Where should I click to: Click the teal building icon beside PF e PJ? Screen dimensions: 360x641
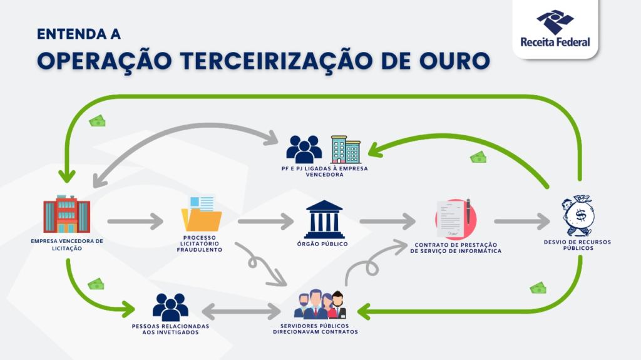pyautogui.click(x=346, y=150)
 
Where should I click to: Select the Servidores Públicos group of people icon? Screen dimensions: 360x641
pyautogui.click(x=320, y=305)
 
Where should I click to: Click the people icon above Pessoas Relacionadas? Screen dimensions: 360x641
pyautogui.click(x=170, y=307)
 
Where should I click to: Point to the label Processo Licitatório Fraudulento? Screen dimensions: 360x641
pyautogui.click(x=200, y=244)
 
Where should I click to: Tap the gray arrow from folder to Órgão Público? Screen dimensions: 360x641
pyautogui.click(x=265, y=221)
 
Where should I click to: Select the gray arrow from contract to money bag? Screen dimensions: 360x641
pyautogui.click(x=521, y=221)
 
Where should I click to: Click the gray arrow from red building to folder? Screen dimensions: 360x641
pyautogui.click(x=135, y=221)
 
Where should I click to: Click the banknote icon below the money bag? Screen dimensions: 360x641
pyautogui.click(x=538, y=288)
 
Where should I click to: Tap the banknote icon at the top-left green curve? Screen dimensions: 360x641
pyautogui.click(x=97, y=121)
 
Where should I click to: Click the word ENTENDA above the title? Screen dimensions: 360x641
pyautogui.click(x=78, y=33)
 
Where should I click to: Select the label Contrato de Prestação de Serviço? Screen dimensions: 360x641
pyautogui.click(x=456, y=247)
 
